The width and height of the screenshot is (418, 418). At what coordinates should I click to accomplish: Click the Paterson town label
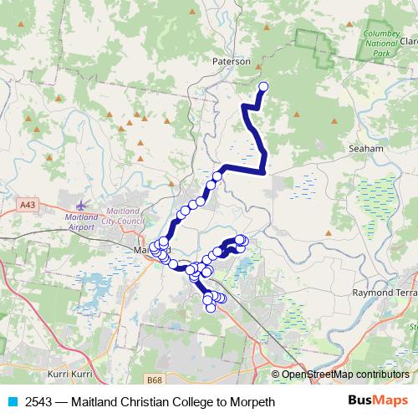[x=232, y=61]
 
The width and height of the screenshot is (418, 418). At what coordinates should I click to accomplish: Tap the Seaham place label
[x=364, y=148]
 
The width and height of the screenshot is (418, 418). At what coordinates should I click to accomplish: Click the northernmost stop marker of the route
[x=264, y=86]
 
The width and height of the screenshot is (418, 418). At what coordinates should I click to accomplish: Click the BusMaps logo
[x=377, y=401]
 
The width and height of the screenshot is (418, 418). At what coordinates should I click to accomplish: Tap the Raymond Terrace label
[x=385, y=293]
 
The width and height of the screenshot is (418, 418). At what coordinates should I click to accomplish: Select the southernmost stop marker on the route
[x=211, y=307]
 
